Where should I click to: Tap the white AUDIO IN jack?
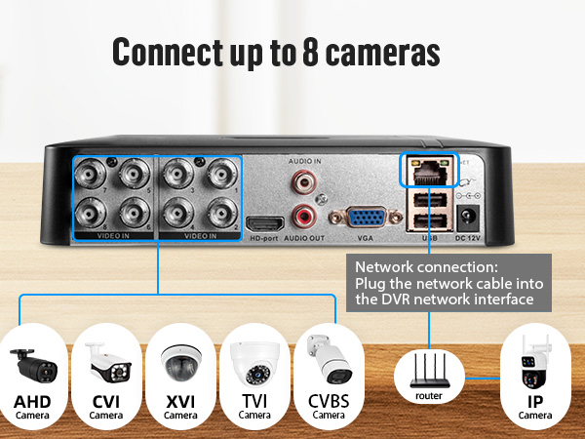pos(303,180)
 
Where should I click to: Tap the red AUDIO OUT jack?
pos(303,216)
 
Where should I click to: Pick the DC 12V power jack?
pos(472,217)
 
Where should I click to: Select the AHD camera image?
pos(32,365)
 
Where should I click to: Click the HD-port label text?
pos(264,239)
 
